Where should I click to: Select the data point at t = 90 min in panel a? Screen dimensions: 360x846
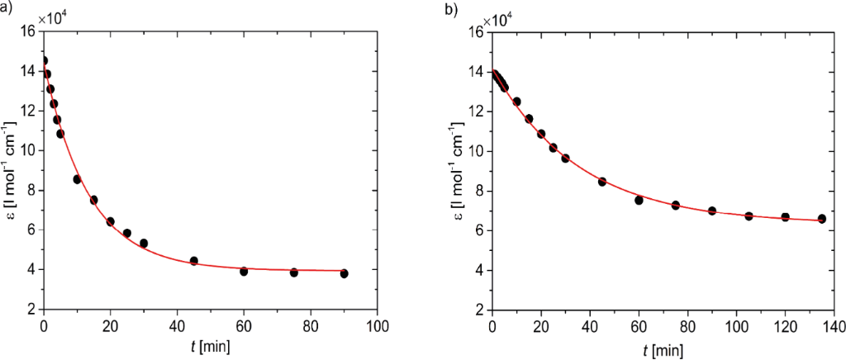point(344,273)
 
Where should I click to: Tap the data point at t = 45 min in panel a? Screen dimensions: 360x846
point(193,261)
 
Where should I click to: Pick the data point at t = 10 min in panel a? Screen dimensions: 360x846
point(77,179)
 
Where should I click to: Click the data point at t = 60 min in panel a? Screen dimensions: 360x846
point(244,271)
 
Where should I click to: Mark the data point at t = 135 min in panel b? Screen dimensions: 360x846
point(822,219)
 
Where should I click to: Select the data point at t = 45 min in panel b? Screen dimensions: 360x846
point(602,182)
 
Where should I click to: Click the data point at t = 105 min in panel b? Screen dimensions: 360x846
point(749,216)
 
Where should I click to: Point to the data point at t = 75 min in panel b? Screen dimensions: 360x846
point(676,205)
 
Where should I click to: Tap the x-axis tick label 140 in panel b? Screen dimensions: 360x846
point(834,324)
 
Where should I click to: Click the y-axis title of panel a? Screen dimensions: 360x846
point(9,170)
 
